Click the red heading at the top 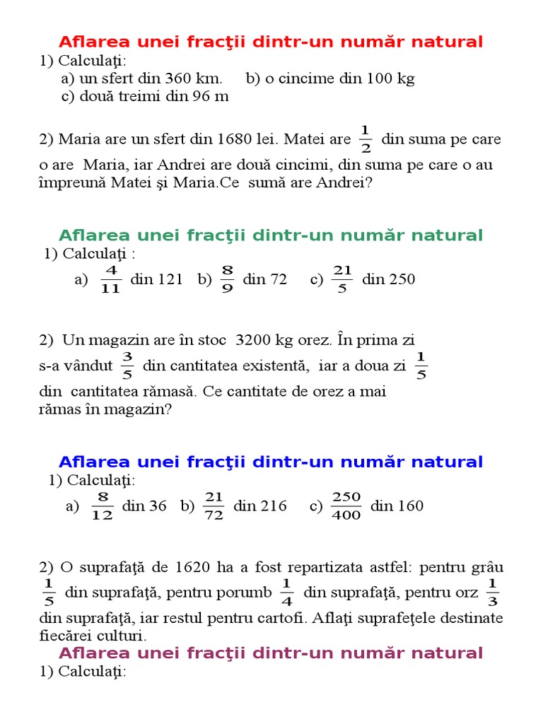[x=271, y=42]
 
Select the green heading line [x=271, y=235]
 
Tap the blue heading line [x=271, y=462]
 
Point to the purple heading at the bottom [x=271, y=653]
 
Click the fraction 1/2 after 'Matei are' [x=366, y=139]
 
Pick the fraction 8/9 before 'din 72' [x=227, y=280]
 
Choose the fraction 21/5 [x=342, y=280]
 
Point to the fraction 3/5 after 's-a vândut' [x=127, y=366]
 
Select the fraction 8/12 [x=103, y=506]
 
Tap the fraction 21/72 [x=214, y=506]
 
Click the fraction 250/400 [x=346, y=506]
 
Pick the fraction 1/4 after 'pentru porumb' [x=286, y=592]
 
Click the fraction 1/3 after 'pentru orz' [x=493, y=592]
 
